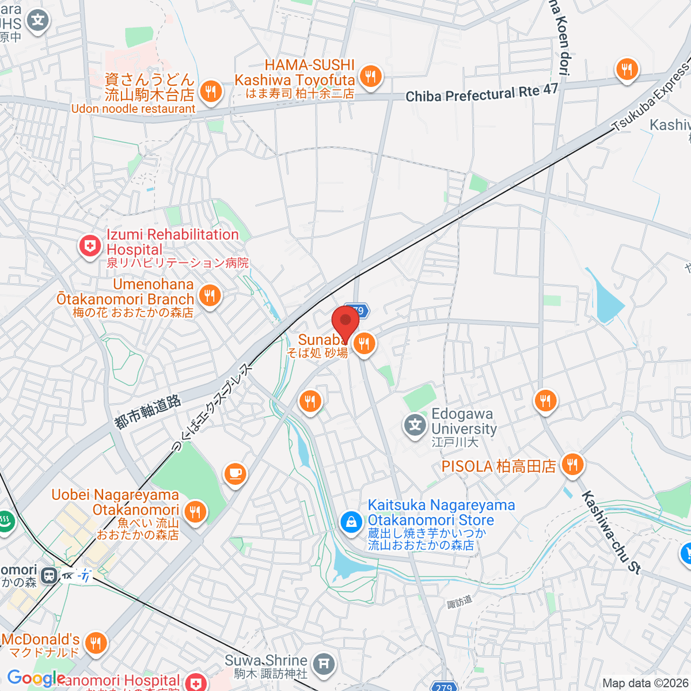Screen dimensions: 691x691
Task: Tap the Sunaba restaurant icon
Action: tap(364, 344)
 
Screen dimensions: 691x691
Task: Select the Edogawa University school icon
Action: tap(415, 426)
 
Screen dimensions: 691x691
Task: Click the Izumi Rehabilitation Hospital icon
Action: tap(90, 246)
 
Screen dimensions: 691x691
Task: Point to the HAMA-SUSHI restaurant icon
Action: tap(371, 75)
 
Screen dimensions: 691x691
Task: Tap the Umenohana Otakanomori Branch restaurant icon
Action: tap(210, 296)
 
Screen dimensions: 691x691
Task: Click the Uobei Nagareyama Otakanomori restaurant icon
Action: tap(195, 511)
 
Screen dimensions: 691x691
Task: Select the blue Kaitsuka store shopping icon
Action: tap(350, 522)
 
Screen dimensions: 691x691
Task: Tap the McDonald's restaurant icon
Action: tap(96, 643)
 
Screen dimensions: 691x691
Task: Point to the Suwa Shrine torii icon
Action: tap(324, 665)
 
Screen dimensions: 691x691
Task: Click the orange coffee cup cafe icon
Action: tap(234, 474)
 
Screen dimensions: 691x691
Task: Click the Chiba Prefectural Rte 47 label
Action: tap(481, 93)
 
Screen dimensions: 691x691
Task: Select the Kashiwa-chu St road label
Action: tap(610, 532)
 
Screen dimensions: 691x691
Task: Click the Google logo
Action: tap(36, 678)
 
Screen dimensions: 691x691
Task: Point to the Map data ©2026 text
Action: tap(645, 683)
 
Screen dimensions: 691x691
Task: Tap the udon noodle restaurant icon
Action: tap(211, 91)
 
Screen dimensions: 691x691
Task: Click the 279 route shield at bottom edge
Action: tap(444, 687)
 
